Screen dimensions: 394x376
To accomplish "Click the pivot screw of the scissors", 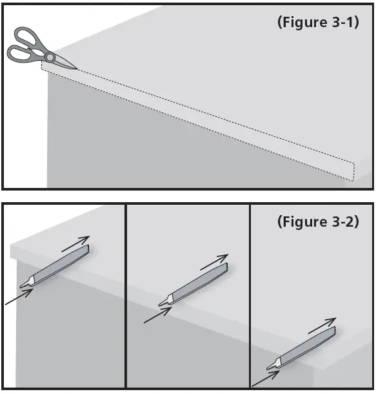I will click(50, 57).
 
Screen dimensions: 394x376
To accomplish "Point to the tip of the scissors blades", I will click(77, 68).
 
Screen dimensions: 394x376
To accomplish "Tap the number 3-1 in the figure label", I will click(341, 22).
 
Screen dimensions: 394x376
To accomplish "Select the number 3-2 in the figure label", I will click(341, 222).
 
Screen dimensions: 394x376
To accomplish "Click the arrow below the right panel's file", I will click(264, 377).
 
